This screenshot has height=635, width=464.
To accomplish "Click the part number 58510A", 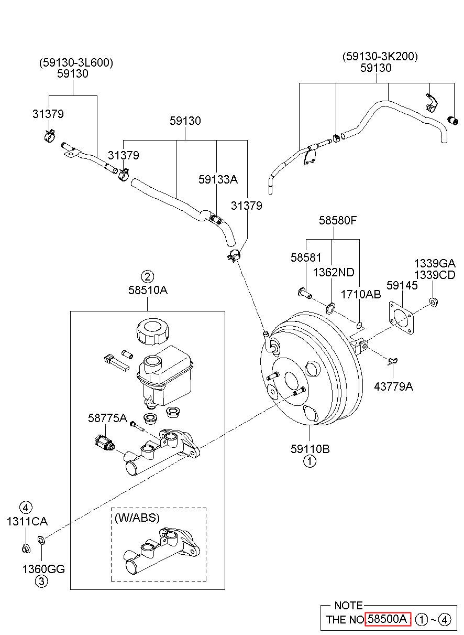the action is click(148, 290).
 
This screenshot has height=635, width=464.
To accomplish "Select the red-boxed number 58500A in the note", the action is click(388, 619).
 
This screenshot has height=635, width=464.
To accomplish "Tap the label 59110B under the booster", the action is click(310, 449).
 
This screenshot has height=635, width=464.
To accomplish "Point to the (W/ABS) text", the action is click(137, 518).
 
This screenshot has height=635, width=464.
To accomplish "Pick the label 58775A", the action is click(107, 418).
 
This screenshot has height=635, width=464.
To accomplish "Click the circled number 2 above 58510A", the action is click(148, 276).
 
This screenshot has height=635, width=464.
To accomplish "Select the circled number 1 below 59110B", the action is click(310, 461).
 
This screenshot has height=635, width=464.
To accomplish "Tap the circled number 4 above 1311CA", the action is click(26, 508).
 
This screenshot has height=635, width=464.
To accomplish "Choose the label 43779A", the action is click(393, 386).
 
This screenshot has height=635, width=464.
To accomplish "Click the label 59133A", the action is click(218, 179).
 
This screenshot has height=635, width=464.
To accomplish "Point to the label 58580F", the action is click(338, 220).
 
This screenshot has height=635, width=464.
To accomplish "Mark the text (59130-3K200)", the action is click(380, 57).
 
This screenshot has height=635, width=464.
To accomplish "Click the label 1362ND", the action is click(334, 273).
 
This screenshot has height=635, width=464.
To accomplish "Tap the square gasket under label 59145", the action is click(401, 317).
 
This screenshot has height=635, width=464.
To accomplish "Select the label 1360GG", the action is click(43, 569).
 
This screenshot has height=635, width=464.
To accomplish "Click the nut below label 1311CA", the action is click(26, 549).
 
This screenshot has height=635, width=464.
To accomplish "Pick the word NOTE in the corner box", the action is click(348, 606).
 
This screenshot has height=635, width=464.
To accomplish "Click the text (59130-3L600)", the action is click(76, 62).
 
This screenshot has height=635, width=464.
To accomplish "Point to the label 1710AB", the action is click(361, 295).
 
